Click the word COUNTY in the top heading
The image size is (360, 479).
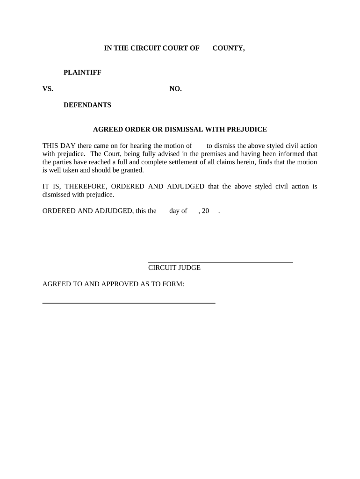coord(229,48)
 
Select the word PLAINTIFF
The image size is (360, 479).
coord(82,73)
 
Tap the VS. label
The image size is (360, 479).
coord(48,89)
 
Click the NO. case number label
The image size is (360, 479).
coord(175,89)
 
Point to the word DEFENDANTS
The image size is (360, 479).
coord(87,105)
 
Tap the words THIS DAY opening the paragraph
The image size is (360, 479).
coord(59,145)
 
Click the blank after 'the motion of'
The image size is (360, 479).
coord(199,146)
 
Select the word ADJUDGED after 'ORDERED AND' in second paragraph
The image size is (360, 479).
coord(186,187)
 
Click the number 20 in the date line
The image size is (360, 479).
coord(205,211)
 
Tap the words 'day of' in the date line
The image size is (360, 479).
coord(178,211)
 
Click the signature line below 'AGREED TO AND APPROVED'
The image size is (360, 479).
coord(129,304)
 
